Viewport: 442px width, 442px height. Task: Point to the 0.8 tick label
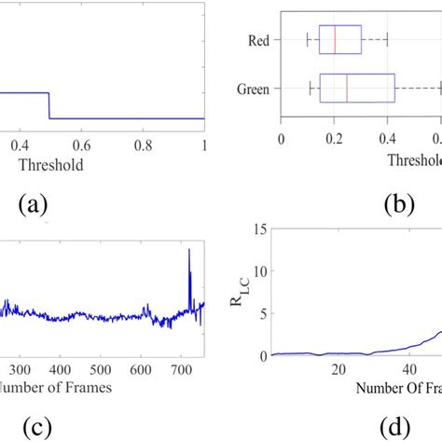point(142,145)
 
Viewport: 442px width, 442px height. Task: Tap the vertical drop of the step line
point(48,105)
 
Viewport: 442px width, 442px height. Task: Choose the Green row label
point(253,90)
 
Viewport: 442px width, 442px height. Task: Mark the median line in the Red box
point(335,41)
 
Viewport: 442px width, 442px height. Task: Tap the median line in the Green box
point(347,90)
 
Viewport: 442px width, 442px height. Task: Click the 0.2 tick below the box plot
point(335,135)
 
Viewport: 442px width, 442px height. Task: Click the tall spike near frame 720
point(189,252)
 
